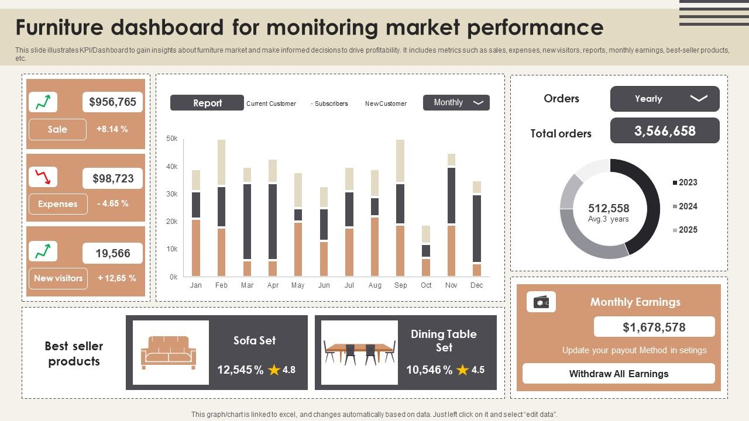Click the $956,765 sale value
(x=112, y=102)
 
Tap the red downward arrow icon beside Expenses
(x=43, y=177)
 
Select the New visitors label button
(x=58, y=278)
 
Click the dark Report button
(x=207, y=103)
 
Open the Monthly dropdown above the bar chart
(x=456, y=102)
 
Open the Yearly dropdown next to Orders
(x=665, y=99)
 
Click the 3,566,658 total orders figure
(x=665, y=131)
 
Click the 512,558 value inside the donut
(x=609, y=209)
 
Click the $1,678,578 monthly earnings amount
(x=654, y=327)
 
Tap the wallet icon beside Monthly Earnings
(x=541, y=302)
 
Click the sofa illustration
(x=169, y=352)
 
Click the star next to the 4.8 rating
(x=274, y=370)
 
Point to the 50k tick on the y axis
(x=172, y=139)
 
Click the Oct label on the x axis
(x=426, y=285)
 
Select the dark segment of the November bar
(x=451, y=195)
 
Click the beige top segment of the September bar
(x=400, y=161)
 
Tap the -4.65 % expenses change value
(x=112, y=203)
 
